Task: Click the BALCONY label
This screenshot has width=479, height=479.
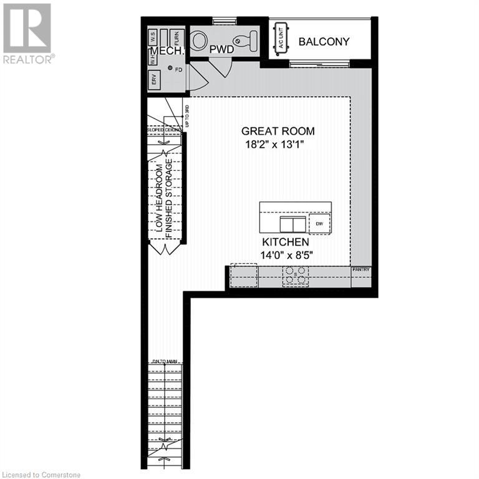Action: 324,42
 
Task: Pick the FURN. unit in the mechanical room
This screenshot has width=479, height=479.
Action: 177,37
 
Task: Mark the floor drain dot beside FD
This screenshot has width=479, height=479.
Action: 170,69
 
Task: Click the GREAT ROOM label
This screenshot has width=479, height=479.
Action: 278,132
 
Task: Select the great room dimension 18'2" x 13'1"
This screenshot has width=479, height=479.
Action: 278,145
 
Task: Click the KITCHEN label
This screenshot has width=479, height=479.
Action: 285,242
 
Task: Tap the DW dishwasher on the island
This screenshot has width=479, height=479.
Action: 319,223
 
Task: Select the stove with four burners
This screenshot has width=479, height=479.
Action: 296,276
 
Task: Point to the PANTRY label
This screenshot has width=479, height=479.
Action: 361,269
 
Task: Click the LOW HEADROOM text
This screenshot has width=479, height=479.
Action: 161,200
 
